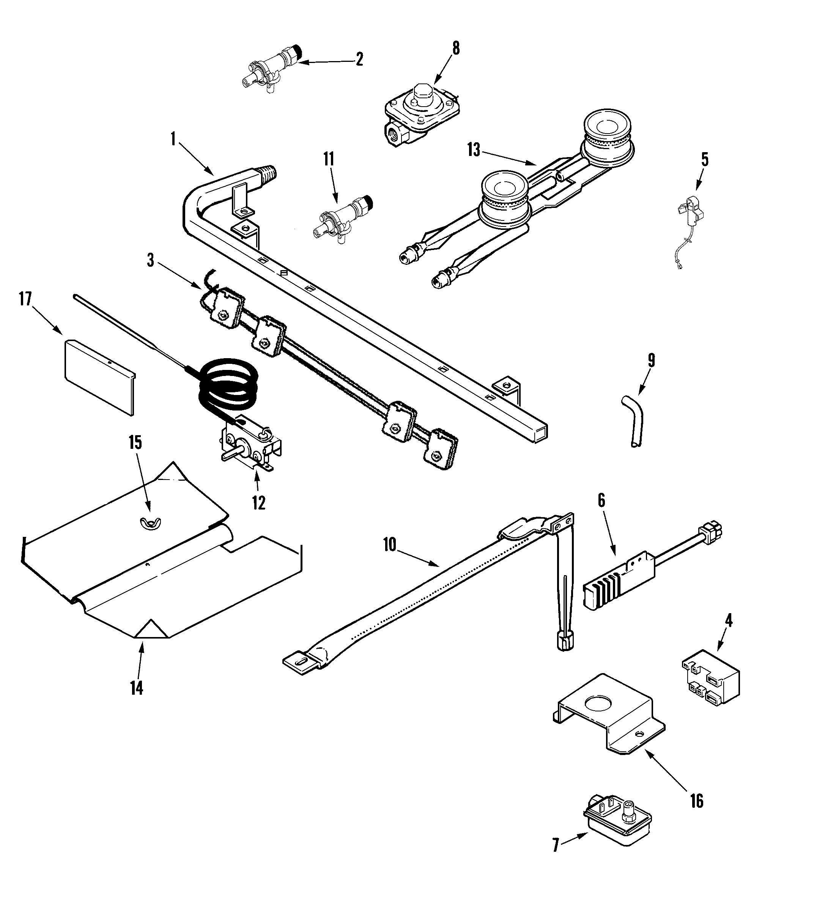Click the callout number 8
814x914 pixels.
click(x=455, y=48)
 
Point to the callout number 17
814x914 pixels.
click(x=25, y=299)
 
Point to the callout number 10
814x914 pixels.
click(x=390, y=545)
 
